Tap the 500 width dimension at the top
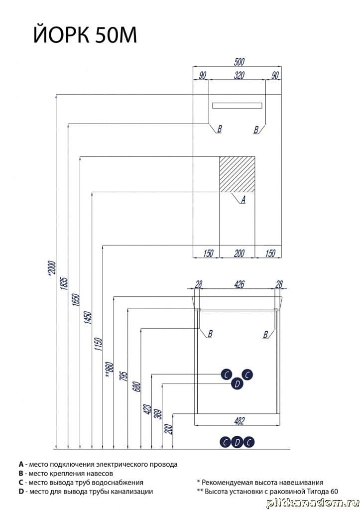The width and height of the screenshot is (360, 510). pyautogui.click(x=239, y=61)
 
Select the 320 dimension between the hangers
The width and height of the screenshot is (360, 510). pyautogui.click(x=239, y=75)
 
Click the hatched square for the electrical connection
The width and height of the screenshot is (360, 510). pyautogui.click(x=237, y=174)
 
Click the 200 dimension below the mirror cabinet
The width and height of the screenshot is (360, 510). pyautogui.click(x=239, y=253)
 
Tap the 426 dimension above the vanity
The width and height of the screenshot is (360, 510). pyautogui.click(x=239, y=284)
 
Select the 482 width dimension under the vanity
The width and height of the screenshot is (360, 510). pyautogui.click(x=239, y=421)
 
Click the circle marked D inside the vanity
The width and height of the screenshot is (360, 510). pyautogui.click(x=237, y=384)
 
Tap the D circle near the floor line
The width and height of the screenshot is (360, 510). pyautogui.click(x=237, y=442)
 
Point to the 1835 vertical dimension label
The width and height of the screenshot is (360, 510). pyautogui.click(x=64, y=283)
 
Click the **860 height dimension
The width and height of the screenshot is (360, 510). pyautogui.click(x=109, y=370)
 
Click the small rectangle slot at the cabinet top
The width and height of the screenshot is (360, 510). pyautogui.click(x=237, y=106)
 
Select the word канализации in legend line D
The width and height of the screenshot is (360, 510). pyautogui.click(x=133, y=492)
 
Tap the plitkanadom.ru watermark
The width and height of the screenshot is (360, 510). pyautogui.click(x=312, y=503)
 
